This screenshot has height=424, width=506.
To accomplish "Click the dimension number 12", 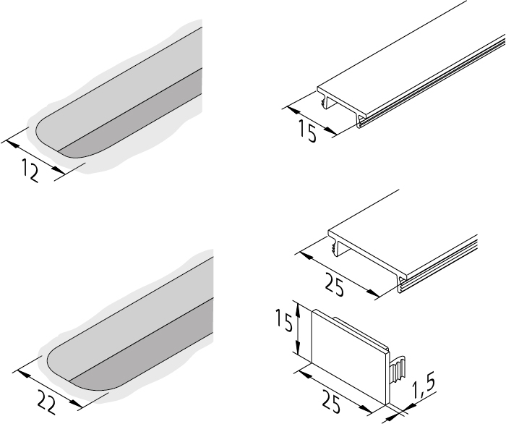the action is coord(30,171).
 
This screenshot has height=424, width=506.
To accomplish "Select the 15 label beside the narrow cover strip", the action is coord(307,131).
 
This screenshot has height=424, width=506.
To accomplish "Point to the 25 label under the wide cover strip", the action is coord(334,284).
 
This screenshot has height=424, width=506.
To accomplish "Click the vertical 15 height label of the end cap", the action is coord(284,320).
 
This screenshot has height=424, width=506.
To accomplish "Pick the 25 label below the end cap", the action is coord(331,402).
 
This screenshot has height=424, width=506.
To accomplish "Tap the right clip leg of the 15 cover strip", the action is coord(361,122).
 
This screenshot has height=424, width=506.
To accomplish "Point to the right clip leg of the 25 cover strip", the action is coord(403,284).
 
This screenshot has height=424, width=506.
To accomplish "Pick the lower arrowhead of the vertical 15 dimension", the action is coord(298,349).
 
